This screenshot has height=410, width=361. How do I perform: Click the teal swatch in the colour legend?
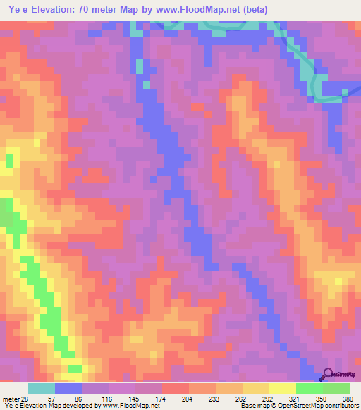[x=41, y=388]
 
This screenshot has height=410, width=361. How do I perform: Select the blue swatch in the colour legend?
[x=68, y=388]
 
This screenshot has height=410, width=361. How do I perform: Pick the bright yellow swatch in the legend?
[x=282, y=388]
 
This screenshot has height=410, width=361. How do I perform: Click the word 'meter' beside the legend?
[x=10, y=398]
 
